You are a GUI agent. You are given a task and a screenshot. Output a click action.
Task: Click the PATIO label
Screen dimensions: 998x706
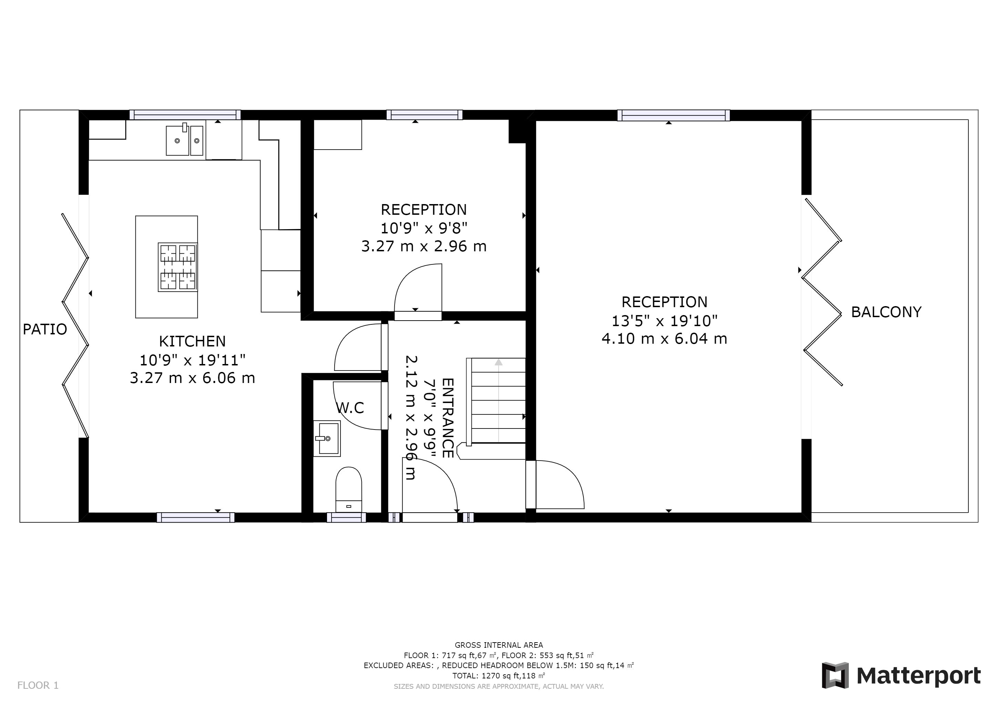(x=45, y=330)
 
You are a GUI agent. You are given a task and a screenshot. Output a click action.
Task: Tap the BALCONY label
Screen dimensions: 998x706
(x=886, y=312)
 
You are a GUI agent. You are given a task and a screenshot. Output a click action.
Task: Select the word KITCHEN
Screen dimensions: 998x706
(x=192, y=341)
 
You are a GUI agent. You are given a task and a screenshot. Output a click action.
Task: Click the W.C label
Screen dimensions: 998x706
(x=350, y=408)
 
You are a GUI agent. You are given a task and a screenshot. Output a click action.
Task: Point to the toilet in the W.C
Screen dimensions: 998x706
(x=349, y=490)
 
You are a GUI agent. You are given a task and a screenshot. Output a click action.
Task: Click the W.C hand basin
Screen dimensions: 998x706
(x=327, y=438)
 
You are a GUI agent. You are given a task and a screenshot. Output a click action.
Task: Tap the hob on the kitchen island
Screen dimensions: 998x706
(x=177, y=267)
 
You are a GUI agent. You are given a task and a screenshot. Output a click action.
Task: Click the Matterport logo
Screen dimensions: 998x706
(x=901, y=676)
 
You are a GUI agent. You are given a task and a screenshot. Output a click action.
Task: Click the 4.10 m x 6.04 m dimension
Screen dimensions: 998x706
(x=664, y=338)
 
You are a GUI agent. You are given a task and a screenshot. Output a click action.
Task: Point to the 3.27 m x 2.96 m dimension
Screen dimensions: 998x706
(x=424, y=246)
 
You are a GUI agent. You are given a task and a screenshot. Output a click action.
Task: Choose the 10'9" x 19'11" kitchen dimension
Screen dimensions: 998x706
(x=192, y=360)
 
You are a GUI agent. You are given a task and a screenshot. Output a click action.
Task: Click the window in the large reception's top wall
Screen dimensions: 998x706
(x=673, y=115)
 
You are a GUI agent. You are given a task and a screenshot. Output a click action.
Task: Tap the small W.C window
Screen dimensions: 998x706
(x=346, y=517)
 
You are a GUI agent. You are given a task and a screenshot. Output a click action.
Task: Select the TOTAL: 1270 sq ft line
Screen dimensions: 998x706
(x=499, y=676)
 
